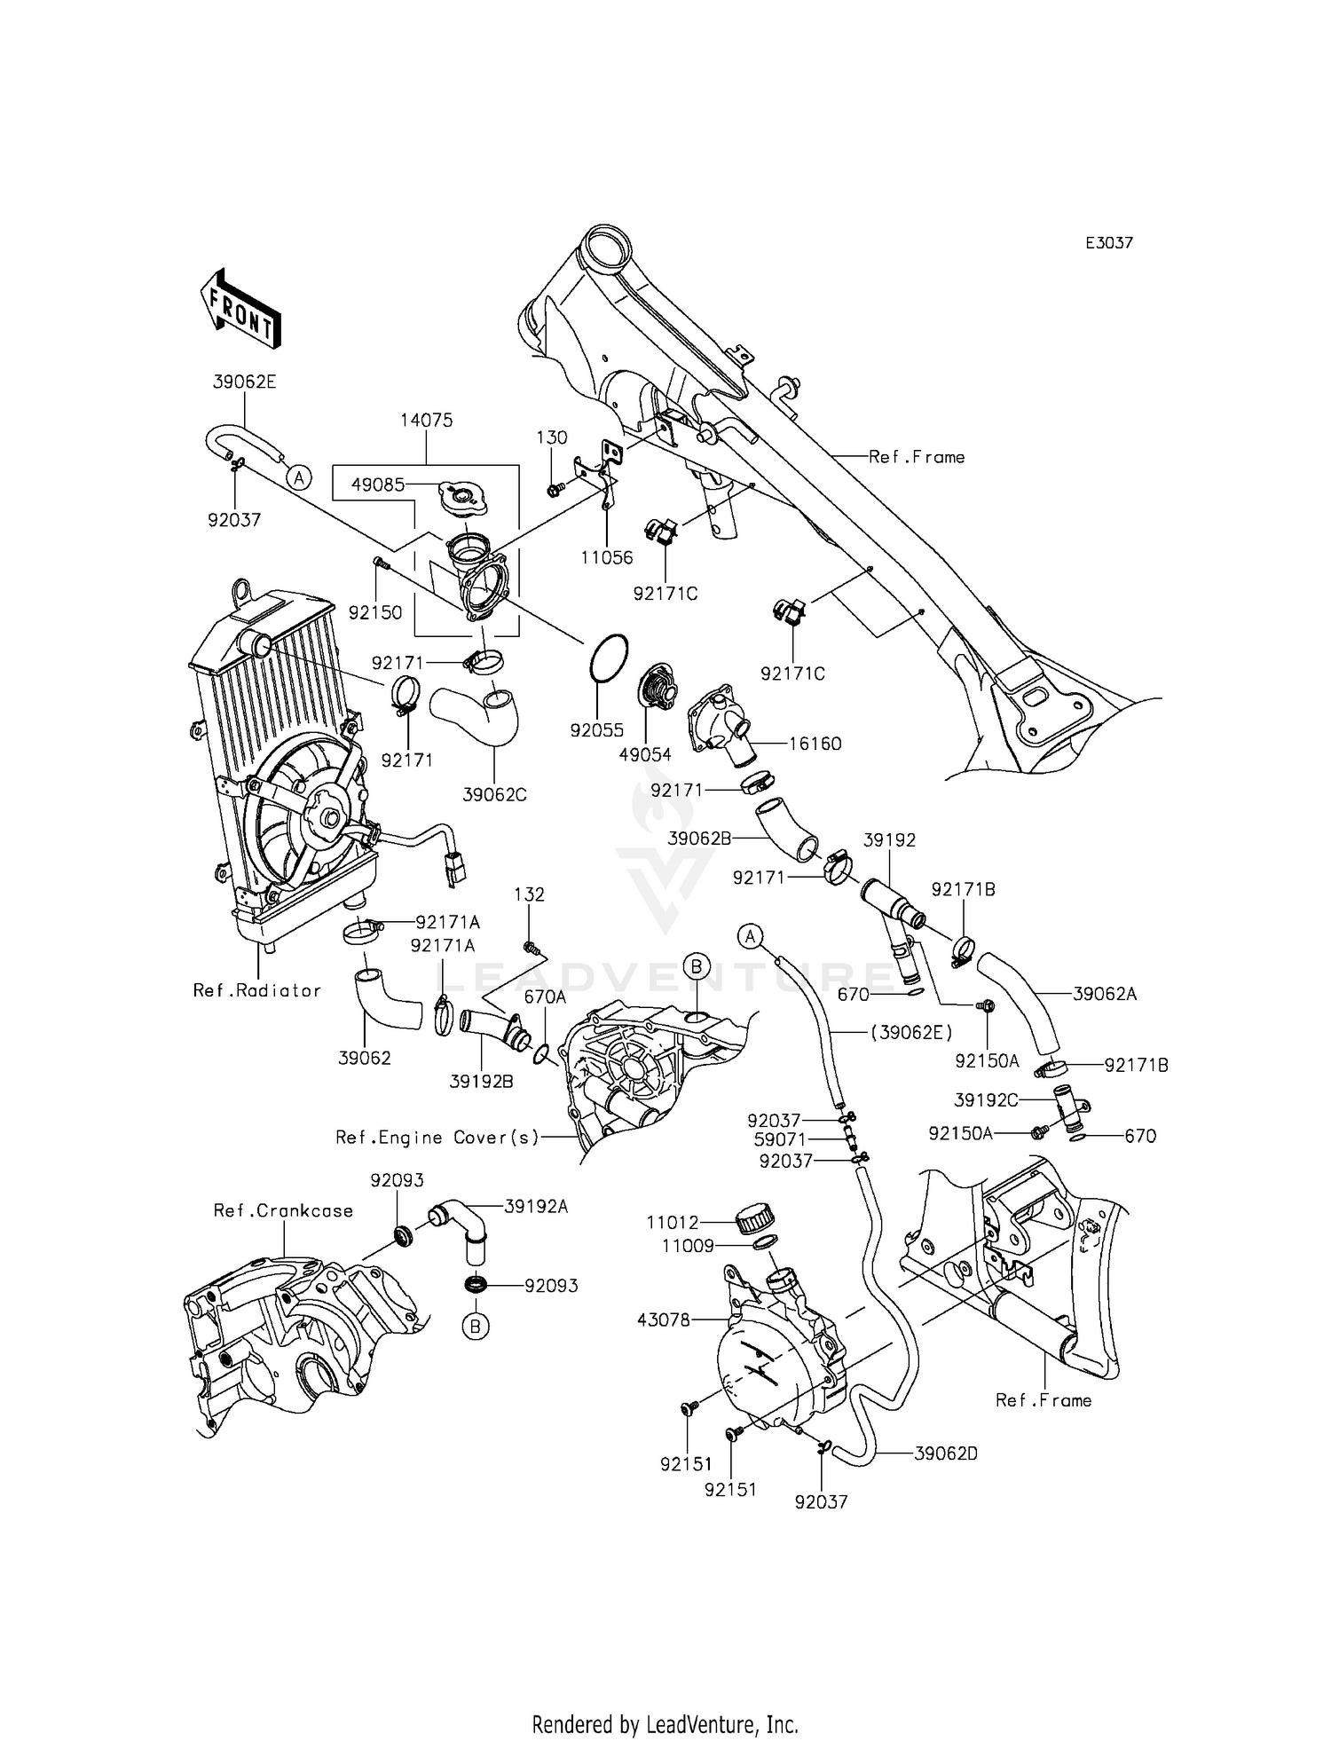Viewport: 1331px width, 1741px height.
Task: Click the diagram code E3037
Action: coord(1109,243)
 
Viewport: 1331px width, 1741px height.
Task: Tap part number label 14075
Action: coord(426,421)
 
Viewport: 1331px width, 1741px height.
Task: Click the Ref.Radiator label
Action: coord(257,990)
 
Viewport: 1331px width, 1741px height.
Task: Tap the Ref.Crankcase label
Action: coord(283,1210)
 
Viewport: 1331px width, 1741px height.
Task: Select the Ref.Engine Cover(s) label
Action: coord(437,1137)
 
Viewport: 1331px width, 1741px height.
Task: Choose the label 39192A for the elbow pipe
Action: coord(536,1206)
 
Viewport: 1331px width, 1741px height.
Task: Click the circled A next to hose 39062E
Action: coord(300,477)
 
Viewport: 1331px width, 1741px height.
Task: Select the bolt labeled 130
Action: coord(552,487)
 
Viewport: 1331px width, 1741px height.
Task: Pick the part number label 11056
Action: coord(607,558)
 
